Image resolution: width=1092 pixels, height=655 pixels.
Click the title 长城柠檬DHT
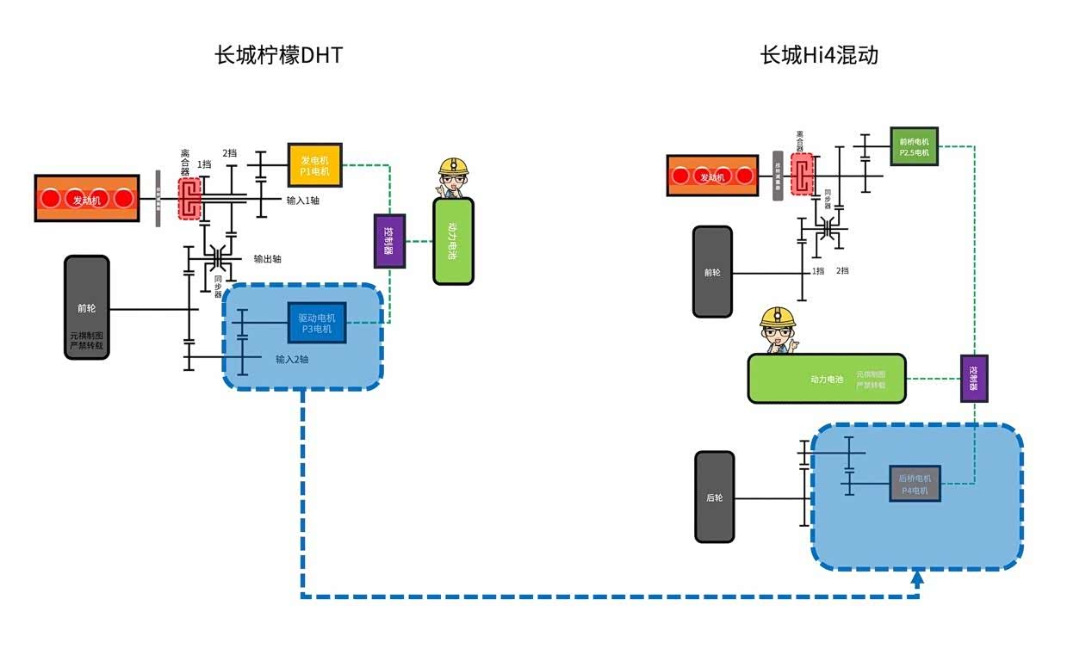click(x=278, y=56)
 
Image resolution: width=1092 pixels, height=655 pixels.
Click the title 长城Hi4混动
click(x=819, y=56)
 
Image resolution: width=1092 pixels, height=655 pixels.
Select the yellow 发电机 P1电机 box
click(x=314, y=164)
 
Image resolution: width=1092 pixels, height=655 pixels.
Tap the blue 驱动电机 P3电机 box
click(x=316, y=323)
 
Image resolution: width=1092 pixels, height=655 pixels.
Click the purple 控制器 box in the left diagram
click(x=389, y=241)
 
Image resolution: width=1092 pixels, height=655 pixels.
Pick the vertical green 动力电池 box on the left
click(x=453, y=241)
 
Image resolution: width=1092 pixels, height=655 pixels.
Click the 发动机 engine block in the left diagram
click(x=86, y=198)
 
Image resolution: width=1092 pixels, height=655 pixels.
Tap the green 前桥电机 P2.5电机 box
click(x=914, y=146)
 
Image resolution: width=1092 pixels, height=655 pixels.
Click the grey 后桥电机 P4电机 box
click(x=914, y=484)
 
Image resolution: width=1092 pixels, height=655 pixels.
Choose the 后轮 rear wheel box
click(x=715, y=497)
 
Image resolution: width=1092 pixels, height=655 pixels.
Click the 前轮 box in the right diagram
click(x=712, y=272)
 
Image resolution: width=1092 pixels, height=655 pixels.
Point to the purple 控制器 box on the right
click(x=974, y=378)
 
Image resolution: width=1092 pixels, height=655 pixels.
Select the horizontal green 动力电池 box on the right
click(x=827, y=378)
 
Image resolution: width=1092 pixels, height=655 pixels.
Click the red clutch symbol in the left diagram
click(x=189, y=198)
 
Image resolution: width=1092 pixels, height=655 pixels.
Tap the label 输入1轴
click(x=303, y=200)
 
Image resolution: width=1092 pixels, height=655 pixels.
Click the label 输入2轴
click(x=292, y=359)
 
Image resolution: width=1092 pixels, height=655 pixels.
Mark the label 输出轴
click(x=267, y=258)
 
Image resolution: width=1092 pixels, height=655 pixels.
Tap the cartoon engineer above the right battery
click(x=777, y=331)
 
